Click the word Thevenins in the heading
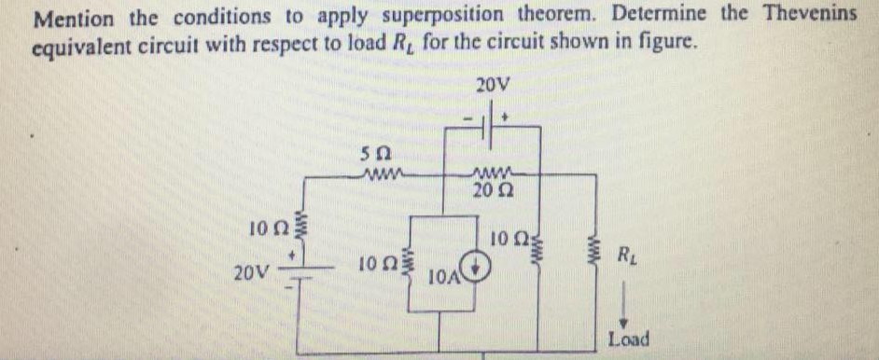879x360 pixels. click(810, 14)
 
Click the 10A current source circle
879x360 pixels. click(477, 270)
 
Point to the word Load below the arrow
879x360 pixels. click(629, 339)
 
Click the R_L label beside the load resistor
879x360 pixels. click(630, 254)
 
